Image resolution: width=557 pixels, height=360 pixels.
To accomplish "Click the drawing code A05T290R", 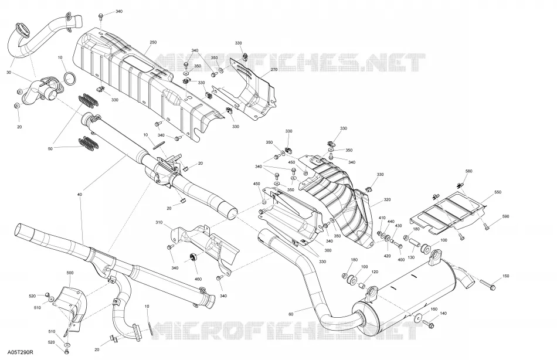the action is tap(21, 352).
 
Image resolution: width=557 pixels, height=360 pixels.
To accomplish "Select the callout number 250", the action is tap(153, 42).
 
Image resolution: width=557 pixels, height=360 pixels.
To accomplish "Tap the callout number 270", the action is tap(274, 70).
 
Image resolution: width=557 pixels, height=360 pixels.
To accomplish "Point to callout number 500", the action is tap(70, 273).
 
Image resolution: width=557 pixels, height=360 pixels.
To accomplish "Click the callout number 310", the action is tap(159, 222).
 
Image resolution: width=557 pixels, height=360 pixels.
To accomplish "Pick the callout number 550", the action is tap(498, 192).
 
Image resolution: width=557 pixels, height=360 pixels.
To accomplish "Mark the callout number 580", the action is tap(468, 171).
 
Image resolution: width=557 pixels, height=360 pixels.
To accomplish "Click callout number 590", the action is tap(505, 216).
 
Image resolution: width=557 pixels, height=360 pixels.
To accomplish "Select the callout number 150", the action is tap(506, 276).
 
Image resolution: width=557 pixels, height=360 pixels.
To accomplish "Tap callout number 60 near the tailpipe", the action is tap(291, 314).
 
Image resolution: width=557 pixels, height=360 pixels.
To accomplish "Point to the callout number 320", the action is tap(387, 200).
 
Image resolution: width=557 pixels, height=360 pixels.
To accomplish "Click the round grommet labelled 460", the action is tap(194, 257).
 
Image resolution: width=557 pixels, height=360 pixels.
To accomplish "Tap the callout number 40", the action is tap(79, 195).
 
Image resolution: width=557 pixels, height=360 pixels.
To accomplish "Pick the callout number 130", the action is tap(411, 257).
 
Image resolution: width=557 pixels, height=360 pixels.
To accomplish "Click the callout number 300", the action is tap(328, 250).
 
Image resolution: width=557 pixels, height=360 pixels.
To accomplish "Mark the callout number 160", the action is tap(434, 309).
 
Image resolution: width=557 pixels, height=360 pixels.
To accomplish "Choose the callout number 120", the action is tap(375, 272).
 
